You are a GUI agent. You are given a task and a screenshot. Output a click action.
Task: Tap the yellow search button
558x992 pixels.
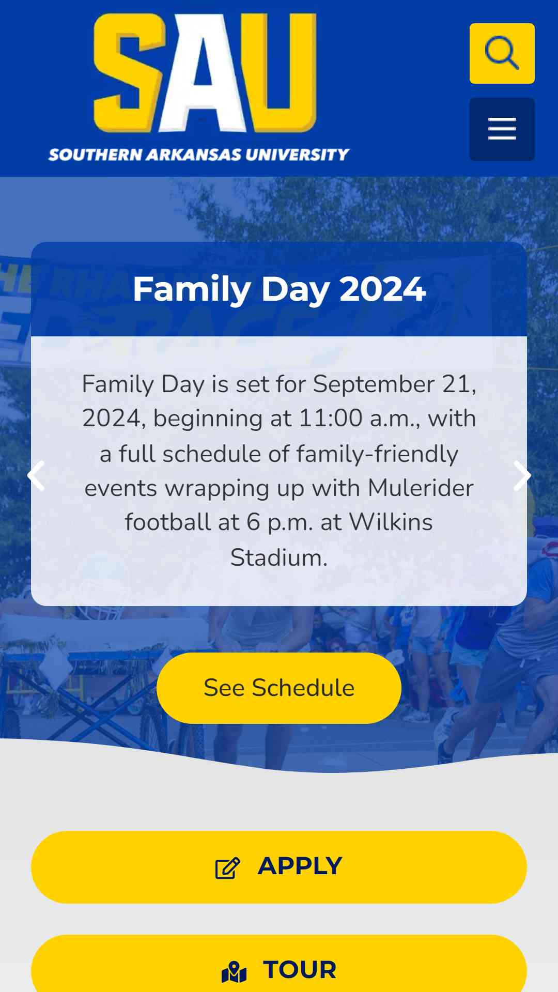click(502, 53)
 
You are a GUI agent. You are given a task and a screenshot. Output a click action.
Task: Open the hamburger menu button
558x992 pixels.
click(502, 129)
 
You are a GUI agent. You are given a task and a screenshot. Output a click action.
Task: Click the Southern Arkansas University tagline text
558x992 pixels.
click(199, 154)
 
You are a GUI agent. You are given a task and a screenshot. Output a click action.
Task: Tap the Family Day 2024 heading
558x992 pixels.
click(279, 289)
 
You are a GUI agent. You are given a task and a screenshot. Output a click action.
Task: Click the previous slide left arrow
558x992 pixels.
click(36, 475)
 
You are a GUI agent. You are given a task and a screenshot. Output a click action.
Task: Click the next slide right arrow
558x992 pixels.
click(522, 475)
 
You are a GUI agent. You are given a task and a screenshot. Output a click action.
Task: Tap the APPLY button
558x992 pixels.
click(279, 867)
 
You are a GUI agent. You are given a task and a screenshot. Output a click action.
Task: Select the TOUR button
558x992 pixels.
click(279, 964)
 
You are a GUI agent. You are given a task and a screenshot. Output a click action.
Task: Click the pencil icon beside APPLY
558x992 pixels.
click(228, 868)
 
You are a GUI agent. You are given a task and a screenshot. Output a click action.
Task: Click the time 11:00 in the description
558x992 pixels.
click(331, 418)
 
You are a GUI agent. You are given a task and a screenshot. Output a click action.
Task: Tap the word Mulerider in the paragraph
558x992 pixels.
click(421, 488)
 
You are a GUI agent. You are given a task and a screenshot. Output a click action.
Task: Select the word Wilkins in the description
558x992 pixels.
click(391, 522)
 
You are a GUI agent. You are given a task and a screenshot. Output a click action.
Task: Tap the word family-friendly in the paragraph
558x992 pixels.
click(377, 454)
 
